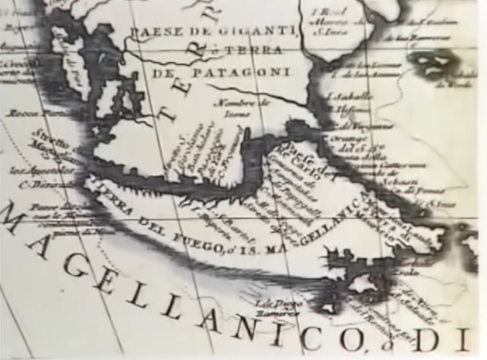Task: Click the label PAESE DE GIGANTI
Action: pos(212,30)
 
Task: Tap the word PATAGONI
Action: pos(241,72)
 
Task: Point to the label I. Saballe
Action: pos(350,97)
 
